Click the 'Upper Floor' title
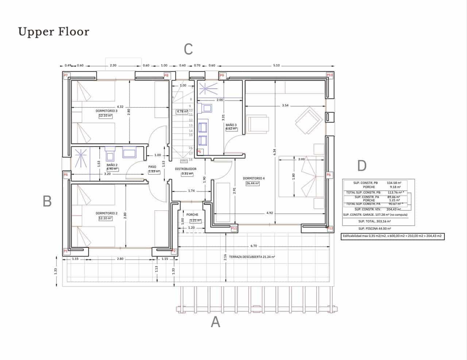tap(54, 32)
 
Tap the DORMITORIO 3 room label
tap(106, 111)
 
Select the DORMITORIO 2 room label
tap(106, 213)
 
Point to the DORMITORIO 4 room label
tap(254, 179)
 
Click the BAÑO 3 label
tap(231, 125)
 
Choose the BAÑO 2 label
tap(112, 165)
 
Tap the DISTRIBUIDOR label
tap(186, 169)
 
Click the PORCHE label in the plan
tap(192, 215)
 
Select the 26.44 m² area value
tap(252, 183)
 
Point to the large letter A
tap(216, 322)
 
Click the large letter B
tap(47, 201)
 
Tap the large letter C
tap(188, 49)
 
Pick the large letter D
tap(362, 166)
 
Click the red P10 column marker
tap(329, 75)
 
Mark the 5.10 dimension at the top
tap(276, 66)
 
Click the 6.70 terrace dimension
tap(254, 246)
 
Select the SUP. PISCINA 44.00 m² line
tap(374, 229)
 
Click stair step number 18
tap(190, 160)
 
